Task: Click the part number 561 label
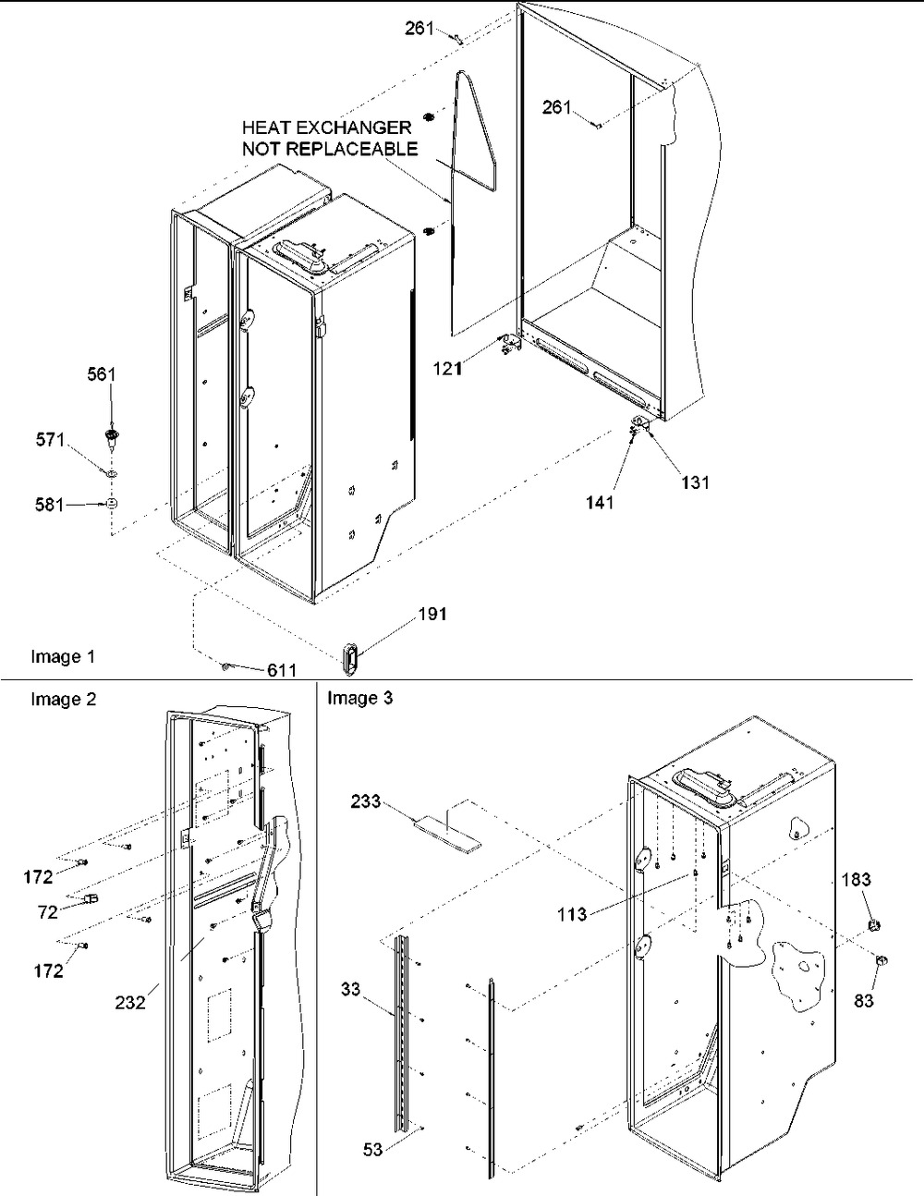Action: (x=102, y=375)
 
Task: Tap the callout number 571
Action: (x=51, y=440)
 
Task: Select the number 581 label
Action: (x=50, y=505)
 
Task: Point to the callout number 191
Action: (x=432, y=615)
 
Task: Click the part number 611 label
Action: (x=282, y=670)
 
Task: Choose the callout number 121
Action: (x=448, y=368)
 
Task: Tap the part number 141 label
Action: (x=600, y=502)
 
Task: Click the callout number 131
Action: (x=695, y=482)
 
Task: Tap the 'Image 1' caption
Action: (x=63, y=656)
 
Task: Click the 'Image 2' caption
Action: (x=63, y=700)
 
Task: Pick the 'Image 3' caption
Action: (x=360, y=699)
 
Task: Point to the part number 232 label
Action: (x=130, y=1003)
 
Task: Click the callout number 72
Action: (x=48, y=912)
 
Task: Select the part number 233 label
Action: (x=366, y=802)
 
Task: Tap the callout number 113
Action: (x=572, y=915)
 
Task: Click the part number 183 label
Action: (x=857, y=880)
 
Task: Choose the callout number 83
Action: (x=864, y=1001)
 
